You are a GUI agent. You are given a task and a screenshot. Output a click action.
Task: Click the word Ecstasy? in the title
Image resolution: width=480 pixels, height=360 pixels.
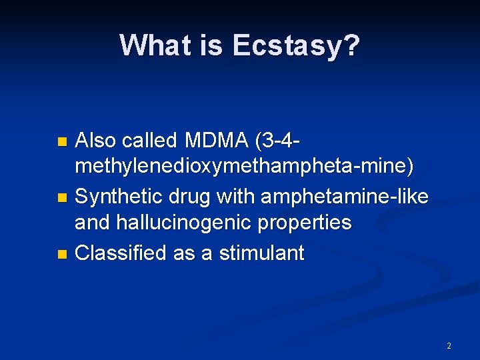click(296, 46)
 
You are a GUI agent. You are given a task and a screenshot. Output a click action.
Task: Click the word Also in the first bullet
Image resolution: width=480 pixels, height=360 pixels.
click(97, 141)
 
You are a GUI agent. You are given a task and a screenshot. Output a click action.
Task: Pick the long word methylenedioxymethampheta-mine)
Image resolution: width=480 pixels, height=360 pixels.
click(244, 167)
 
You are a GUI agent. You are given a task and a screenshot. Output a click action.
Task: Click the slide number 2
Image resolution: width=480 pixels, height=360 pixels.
click(449, 346)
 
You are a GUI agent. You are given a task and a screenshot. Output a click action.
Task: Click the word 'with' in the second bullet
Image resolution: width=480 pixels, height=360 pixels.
click(237, 197)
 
